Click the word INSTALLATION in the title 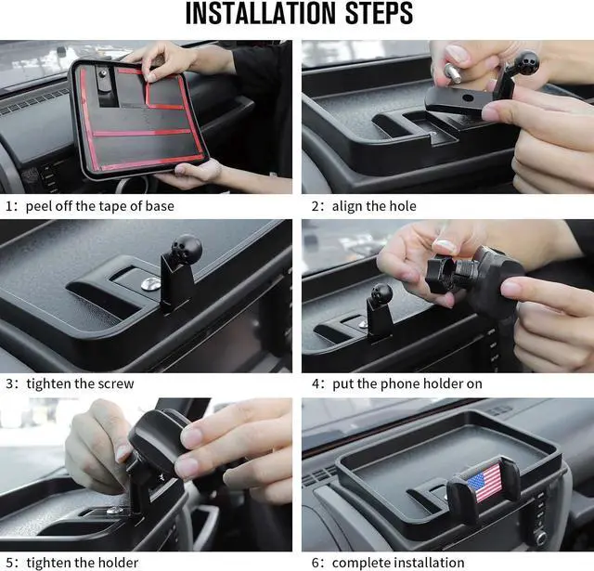click(x=261, y=13)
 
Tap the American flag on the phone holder click(x=484, y=483)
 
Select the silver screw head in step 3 click(x=150, y=282)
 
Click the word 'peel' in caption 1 click(x=39, y=206)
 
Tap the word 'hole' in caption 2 click(x=403, y=206)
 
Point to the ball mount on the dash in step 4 click(x=381, y=294)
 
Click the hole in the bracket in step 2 click(x=468, y=97)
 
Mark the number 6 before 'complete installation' click(x=316, y=563)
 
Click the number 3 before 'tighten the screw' click(x=9, y=383)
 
